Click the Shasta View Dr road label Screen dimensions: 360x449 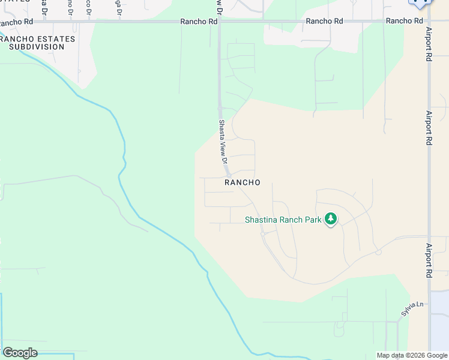tap(222, 143)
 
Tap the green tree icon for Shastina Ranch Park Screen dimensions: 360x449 tap(330, 220)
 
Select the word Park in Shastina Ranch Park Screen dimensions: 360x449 tap(313, 220)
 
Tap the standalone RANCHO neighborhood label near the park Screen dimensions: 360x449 tap(242, 182)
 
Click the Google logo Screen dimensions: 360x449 tap(20, 353)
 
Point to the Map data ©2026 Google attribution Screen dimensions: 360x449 tap(412, 355)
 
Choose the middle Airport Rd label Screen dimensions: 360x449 tap(429, 128)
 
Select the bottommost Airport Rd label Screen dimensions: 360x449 tap(429, 260)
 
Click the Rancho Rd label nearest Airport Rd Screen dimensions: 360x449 tap(405, 21)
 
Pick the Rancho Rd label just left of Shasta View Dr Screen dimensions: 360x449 tap(199, 21)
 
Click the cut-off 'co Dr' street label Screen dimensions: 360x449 tap(89, 8)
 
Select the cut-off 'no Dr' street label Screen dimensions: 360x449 tap(70, 8)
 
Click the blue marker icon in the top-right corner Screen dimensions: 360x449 tap(420, 2)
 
